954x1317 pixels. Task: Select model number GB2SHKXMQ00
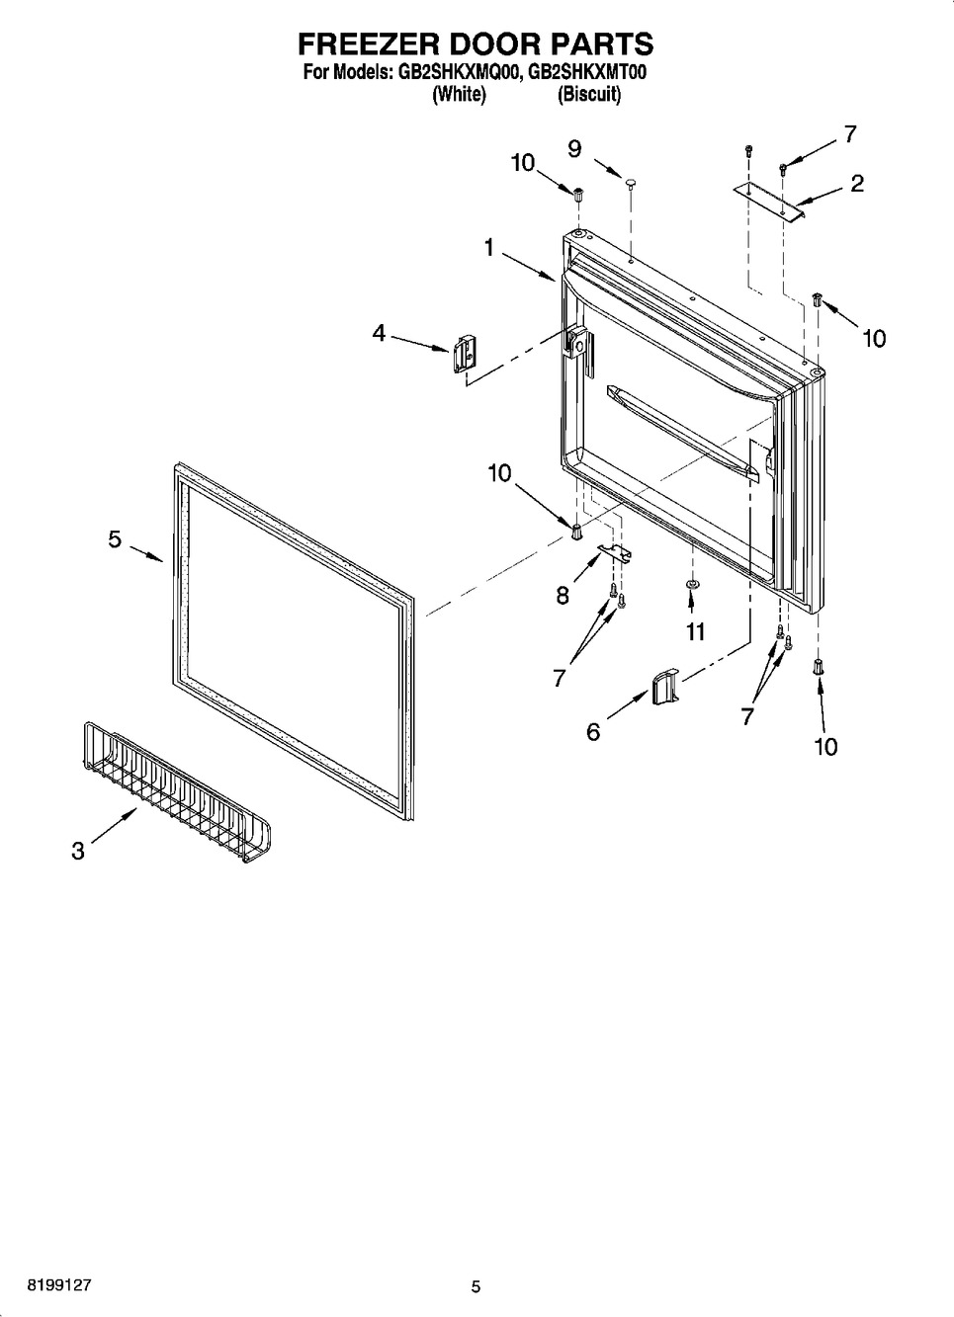pyautogui.click(x=459, y=73)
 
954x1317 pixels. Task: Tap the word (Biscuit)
pyautogui.click(x=589, y=94)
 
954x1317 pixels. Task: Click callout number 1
pyautogui.click(x=489, y=248)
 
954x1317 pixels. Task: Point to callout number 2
pyautogui.click(x=857, y=184)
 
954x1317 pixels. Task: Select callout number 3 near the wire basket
pyautogui.click(x=78, y=851)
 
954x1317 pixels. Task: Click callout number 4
pyautogui.click(x=380, y=333)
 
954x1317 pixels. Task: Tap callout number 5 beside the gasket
pyautogui.click(x=115, y=539)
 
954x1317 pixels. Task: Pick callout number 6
pyautogui.click(x=593, y=732)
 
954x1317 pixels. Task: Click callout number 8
pyautogui.click(x=563, y=596)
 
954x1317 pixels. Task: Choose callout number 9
pyautogui.click(x=574, y=149)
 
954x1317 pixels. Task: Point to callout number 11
pyautogui.click(x=696, y=632)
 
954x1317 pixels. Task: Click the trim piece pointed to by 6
pyautogui.click(x=665, y=687)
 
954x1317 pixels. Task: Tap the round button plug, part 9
pyautogui.click(x=631, y=184)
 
